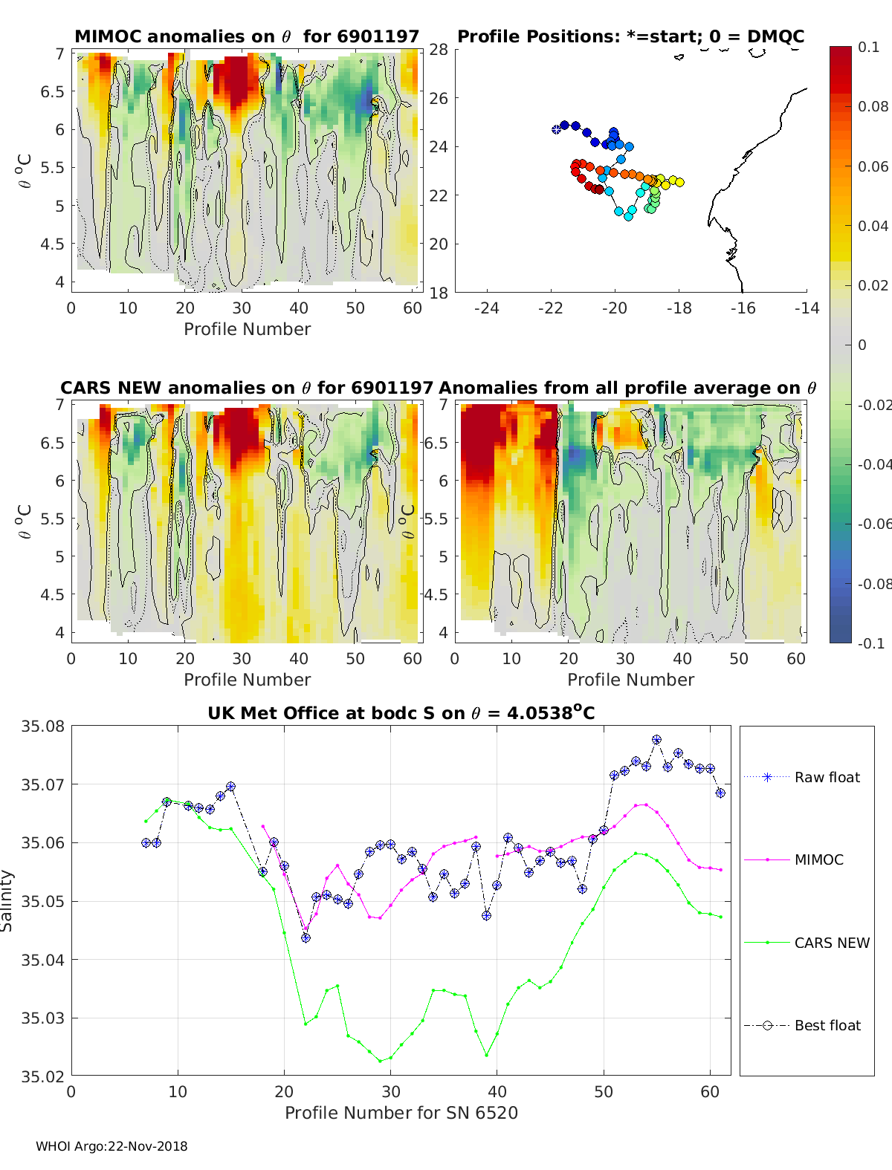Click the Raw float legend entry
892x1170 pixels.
coord(802,777)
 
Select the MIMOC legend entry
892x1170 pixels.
coord(794,859)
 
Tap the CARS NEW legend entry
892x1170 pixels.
coord(807,943)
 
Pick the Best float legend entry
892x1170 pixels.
coord(802,1026)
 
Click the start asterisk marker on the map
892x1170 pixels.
coord(556,129)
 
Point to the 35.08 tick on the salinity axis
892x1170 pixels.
coord(42,726)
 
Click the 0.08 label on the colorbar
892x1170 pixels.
coord(872,107)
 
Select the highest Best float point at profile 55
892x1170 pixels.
coord(657,740)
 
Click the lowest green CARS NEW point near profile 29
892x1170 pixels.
coord(380,1062)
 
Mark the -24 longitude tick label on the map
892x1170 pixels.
coord(486,308)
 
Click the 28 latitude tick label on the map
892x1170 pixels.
coord(439,50)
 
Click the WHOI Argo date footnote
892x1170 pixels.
coord(111,1146)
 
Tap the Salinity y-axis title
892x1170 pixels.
coord(7,901)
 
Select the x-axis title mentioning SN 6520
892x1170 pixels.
coord(401,1113)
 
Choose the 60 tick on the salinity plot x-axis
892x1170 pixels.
coord(710,1092)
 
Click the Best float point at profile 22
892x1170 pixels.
coord(306,938)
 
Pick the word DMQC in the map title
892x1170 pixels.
coord(775,36)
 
